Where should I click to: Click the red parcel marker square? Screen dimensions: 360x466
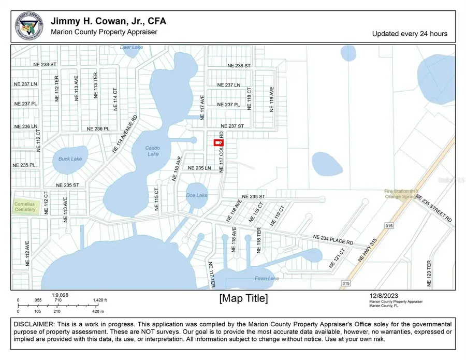point(219,143)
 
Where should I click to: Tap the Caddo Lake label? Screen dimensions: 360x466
point(153,151)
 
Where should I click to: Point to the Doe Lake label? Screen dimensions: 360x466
point(196,195)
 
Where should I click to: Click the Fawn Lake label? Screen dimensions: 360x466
point(267,279)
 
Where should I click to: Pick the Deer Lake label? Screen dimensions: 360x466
point(131,48)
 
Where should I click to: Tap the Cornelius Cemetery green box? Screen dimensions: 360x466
point(25,207)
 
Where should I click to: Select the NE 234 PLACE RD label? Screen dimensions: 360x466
point(333,240)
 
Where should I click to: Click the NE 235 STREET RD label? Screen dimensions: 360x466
point(434,209)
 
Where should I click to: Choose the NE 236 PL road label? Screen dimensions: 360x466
point(98,128)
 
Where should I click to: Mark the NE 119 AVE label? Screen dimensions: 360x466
point(271,99)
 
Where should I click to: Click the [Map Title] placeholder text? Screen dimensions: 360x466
point(243,298)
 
